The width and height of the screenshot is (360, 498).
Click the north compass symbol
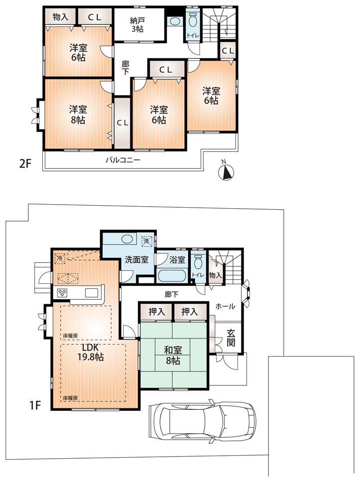(227, 172)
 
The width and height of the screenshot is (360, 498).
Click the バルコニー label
(122, 160)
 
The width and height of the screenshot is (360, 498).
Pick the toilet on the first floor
(198, 262)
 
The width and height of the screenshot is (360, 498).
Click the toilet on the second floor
(192, 21)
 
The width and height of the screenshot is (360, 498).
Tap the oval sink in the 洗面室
(127, 239)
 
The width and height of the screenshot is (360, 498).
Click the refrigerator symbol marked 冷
(59, 258)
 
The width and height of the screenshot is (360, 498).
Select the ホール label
(225, 307)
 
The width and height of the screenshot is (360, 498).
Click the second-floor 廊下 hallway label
(126, 68)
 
